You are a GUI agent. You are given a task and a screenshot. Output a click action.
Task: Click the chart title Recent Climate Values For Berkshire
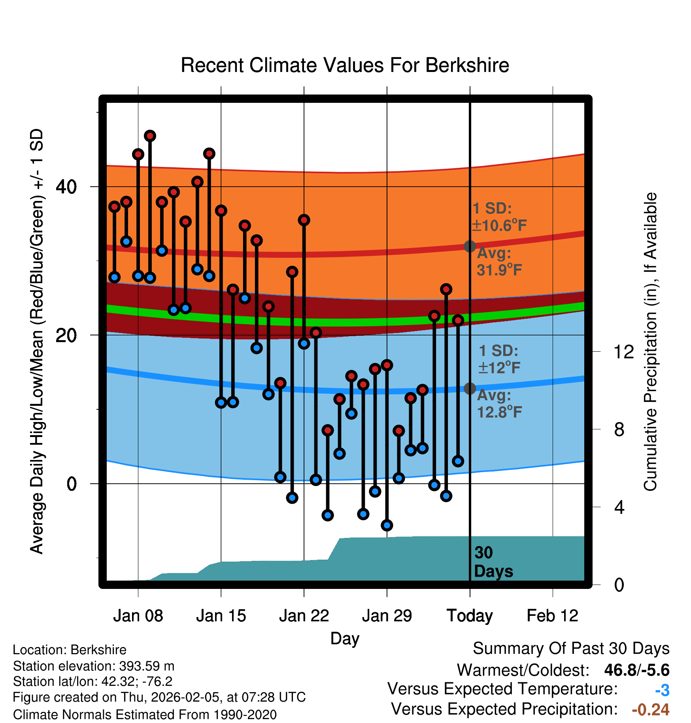[345, 65]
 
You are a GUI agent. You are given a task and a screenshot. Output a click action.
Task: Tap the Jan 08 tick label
[138, 616]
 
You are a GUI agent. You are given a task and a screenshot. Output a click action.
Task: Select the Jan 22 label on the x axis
[304, 616]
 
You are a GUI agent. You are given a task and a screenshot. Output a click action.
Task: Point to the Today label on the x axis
[470, 616]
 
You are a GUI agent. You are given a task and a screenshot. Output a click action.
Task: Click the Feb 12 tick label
[553, 616]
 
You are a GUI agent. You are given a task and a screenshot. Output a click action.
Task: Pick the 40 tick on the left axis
[66, 187]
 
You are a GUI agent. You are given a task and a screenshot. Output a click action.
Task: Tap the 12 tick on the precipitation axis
[624, 352]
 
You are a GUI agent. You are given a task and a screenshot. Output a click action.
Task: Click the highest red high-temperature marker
[150, 136]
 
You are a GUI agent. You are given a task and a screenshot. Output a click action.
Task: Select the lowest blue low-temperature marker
[387, 525]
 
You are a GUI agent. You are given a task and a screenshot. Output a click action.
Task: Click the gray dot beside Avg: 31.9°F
[470, 246]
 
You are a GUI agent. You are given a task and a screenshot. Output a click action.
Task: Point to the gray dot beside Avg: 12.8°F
[470, 388]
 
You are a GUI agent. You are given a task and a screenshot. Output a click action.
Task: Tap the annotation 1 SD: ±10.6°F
[499, 217]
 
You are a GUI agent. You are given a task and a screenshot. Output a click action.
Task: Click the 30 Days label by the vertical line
[493, 562]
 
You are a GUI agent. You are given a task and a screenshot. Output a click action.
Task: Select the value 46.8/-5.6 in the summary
[637, 670]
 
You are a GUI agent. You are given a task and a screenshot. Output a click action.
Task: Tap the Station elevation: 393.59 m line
[94, 666]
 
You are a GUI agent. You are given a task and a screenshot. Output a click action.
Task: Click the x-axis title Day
[345, 638]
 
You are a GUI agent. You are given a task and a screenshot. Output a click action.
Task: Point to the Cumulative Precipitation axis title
[650, 342]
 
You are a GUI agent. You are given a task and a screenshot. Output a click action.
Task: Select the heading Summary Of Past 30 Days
[571, 649]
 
